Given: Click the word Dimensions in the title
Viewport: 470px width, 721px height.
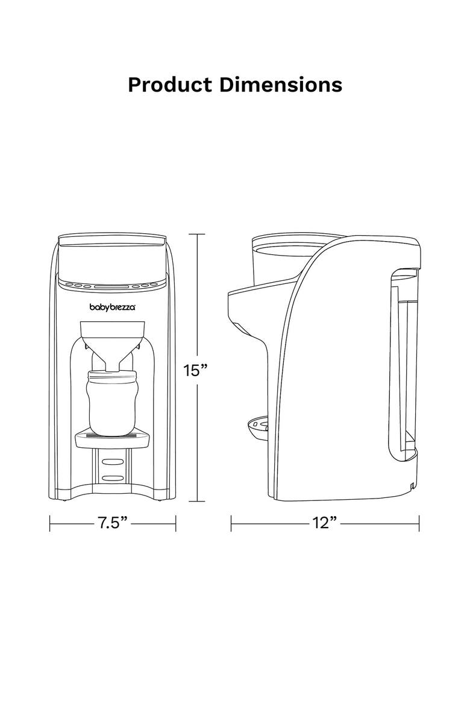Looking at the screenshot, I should [281, 84].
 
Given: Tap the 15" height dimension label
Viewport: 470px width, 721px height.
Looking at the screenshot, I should [196, 370].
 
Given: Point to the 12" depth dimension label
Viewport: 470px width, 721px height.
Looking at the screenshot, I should [324, 522].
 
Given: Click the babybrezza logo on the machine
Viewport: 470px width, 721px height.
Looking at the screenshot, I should [113, 307].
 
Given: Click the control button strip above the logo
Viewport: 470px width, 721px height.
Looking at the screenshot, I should [113, 285].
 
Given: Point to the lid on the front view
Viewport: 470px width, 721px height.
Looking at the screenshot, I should [113, 242].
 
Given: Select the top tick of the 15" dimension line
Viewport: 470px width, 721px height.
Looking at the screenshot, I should [197, 234].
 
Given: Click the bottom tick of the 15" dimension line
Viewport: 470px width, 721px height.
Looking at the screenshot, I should [197, 501].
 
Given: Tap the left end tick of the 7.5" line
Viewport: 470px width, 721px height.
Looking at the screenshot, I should [50, 523].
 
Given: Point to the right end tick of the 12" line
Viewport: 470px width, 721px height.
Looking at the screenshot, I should [419, 523].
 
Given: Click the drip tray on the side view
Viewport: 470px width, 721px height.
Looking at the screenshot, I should [258, 426].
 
